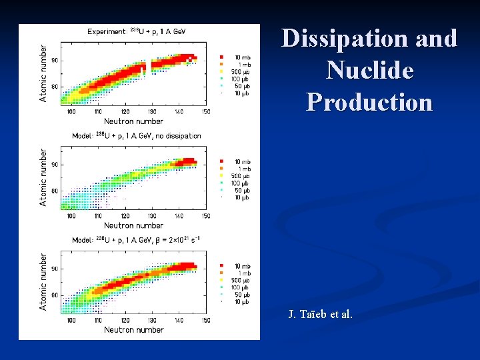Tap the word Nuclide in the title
pos(369,71)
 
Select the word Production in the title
pos(369,102)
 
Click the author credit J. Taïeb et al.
pos(320,314)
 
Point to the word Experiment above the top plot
pos(107,31)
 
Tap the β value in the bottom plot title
pos(180,240)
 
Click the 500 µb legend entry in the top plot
pos(240,71)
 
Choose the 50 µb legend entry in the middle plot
pos(241,190)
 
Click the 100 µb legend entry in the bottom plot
pos(240,287)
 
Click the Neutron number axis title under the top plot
pos(133,121)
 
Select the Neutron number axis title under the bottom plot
pos(133,329)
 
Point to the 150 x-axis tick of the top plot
pos(206,112)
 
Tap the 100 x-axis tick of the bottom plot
pos(71,320)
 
